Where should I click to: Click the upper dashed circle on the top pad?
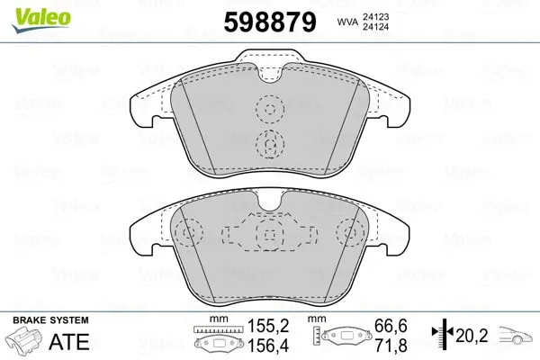click(267, 110)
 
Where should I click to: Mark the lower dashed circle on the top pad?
click(267, 142)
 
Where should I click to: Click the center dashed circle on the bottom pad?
click(267, 235)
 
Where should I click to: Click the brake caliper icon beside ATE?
click(27, 342)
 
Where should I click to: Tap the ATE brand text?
click(78, 342)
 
